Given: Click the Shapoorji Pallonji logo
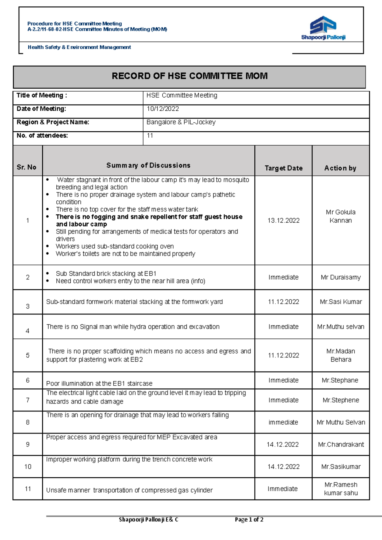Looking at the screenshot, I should click(323, 28).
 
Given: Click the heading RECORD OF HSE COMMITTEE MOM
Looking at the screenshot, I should click(189, 76).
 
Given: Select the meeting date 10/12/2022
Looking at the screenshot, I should click(163, 109).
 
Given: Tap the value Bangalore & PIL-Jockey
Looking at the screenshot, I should click(181, 122).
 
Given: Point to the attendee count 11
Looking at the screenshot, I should click(150, 135).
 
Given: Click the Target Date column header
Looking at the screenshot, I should click(283, 168).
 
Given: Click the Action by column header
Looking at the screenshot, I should click(340, 168).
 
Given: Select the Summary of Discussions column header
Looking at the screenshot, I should click(148, 165).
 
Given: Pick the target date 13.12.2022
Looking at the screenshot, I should click(283, 220).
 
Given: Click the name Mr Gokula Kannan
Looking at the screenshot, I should click(341, 216).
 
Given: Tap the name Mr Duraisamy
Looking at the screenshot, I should click(341, 277).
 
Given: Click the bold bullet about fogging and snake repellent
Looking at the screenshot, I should click(149, 220).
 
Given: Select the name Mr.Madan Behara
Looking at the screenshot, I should click(341, 355).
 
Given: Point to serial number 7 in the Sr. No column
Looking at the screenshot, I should click(28, 400).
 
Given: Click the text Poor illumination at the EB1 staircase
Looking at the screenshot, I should click(99, 383).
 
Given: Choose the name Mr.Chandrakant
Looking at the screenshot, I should click(341, 444).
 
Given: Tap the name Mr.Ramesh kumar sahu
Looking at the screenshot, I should click(341, 489).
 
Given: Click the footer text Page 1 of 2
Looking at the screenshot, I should click(249, 520).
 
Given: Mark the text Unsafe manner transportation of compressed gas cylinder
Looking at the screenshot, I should click(129, 490).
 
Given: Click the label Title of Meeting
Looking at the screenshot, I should click(42, 95).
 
